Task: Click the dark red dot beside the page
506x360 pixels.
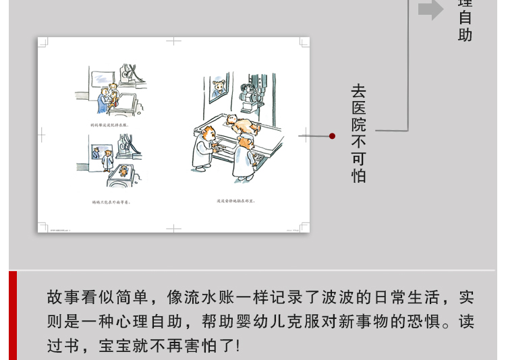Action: (x=332, y=136)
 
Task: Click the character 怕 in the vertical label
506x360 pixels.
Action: (x=359, y=177)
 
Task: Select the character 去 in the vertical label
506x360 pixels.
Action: (x=359, y=90)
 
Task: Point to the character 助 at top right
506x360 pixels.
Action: (x=466, y=35)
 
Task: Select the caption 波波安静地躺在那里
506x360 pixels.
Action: (x=235, y=201)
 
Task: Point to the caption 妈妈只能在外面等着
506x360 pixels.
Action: (x=111, y=202)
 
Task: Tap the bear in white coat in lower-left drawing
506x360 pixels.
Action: (x=107, y=160)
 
